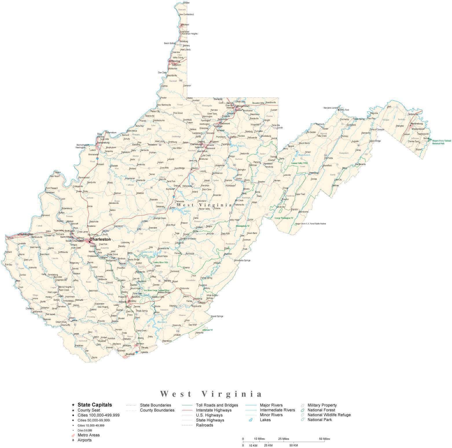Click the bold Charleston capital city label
point(100,239)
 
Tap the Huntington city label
point(26,234)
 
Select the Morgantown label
point(243,106)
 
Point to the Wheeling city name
point(175,61)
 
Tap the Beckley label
point(132,301)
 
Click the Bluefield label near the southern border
point(130,354)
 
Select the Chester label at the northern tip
point(186,3)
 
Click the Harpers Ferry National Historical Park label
point(441,142)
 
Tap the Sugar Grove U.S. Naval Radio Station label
point(310,224)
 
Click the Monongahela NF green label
point(242,226)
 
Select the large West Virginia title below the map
point(211,394)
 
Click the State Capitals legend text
point(95,405)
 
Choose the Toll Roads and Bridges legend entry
point(217,405)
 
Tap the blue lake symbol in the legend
point(251,420)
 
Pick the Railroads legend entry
point(204,425)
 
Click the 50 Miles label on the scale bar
point(324,439)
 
